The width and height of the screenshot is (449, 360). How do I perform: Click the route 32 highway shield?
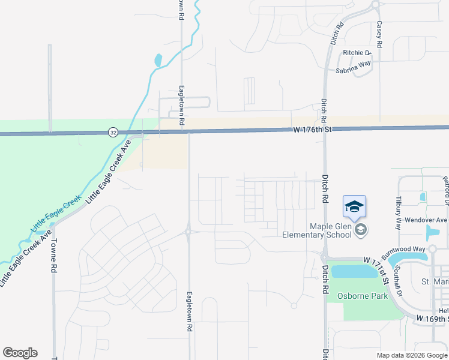tap(113, 132)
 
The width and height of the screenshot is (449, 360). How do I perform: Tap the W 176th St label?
tap(312, 129)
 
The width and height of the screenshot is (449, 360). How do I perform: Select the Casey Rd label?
tap(379, 34)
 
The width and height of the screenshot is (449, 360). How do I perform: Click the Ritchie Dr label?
tap(357, 53)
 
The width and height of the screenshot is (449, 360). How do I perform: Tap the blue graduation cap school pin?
tap(354, 207)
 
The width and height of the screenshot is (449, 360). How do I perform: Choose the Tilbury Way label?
tap(398, 212)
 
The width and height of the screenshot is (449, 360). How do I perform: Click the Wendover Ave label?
tap(426, 220)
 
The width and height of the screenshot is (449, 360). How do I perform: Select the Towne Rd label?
tap(53, 256)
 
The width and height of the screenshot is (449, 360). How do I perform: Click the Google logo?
tap(20, 353)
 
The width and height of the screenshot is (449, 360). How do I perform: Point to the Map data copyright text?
tap(411, 355)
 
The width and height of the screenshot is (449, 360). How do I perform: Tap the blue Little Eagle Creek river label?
tap(55, 214)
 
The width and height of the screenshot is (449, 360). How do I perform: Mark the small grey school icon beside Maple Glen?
tap(361, 230)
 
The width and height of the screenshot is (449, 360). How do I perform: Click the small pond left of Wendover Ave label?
tap(423, 196)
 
